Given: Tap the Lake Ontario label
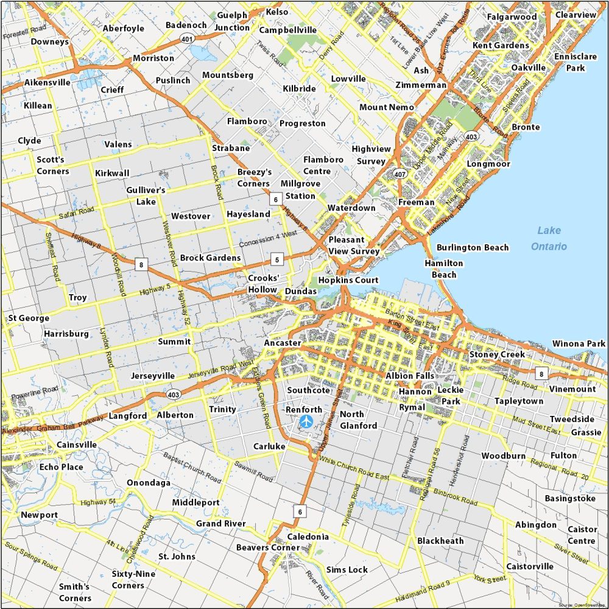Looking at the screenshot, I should tap(549, 238).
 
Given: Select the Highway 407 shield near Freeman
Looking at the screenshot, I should tap(400, 174).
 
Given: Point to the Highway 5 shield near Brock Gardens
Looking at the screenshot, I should tap(277, 260).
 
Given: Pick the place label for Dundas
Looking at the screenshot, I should tap(301, 292).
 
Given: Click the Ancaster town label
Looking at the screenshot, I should tap(282, 343).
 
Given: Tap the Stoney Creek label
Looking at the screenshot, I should tap(497, 354).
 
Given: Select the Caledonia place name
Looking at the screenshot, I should tap(308, 537).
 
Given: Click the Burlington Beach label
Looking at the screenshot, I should tap(473, 247).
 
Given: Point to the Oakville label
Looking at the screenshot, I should tap(528, 67).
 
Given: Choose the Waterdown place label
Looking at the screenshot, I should tap(351, 208).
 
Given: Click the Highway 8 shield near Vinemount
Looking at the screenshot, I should tap(540, 373).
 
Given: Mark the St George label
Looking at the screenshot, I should tap(29, 318).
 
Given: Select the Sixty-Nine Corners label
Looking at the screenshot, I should tap(133, 580).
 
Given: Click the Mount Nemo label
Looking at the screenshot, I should tap(386, 107).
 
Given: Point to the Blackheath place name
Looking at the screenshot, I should tap(440, 541).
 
